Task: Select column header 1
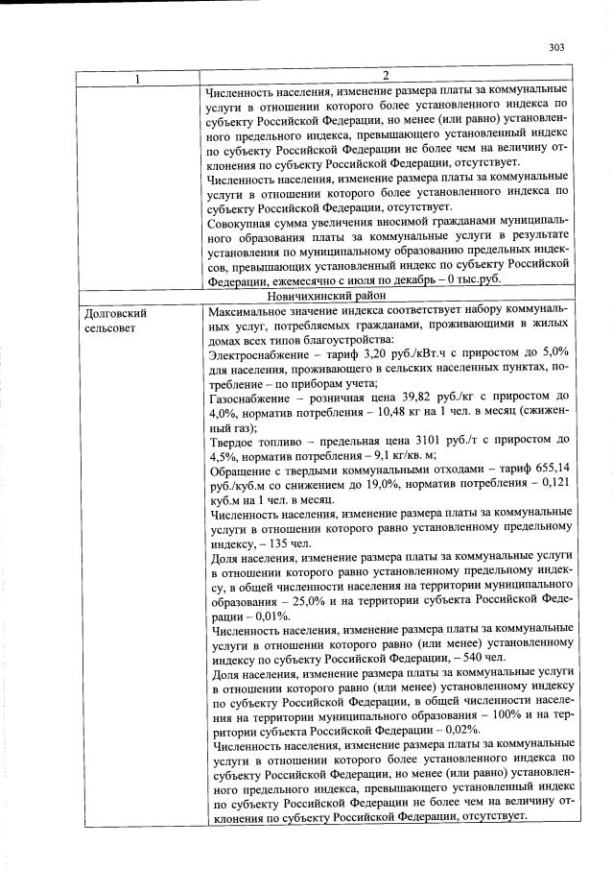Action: click(138, 77)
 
